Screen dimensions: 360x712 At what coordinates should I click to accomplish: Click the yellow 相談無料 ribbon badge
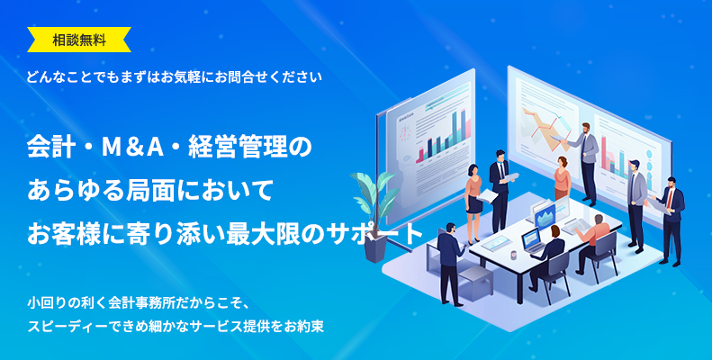(x=79, y=39)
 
